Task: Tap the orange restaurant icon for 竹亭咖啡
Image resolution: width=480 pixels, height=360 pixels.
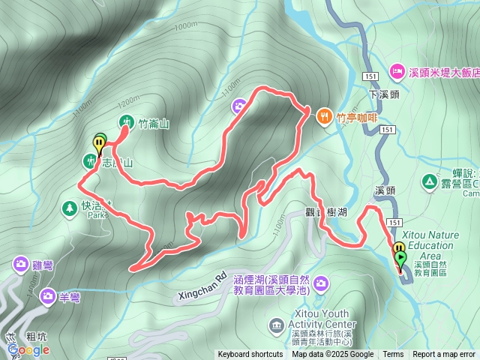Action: (x=325, y=116)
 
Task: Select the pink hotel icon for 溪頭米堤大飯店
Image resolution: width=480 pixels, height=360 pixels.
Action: (x=397, y=72)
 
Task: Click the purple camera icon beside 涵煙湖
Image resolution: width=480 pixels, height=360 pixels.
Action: (x=321, y=283)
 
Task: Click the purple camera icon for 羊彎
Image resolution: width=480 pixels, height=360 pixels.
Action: (x=47, y=296)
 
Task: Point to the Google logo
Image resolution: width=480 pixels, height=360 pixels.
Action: (x=28, y=349)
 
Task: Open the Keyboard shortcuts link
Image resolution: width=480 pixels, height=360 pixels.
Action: (x=250, y=355)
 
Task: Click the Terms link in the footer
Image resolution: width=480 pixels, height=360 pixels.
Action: (x=393, y=355)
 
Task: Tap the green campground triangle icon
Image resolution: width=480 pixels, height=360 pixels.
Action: (x=430, y=181)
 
